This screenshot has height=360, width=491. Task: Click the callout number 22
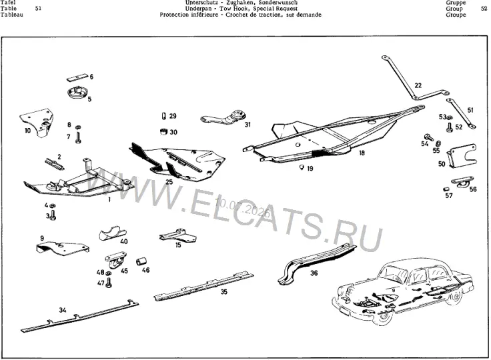click(x=418, y=85)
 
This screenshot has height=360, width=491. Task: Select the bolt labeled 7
click(x=78, y=138)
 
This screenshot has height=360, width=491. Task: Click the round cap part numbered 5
click(x=77, y=93)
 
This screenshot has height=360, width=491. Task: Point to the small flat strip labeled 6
click(x=77, y=77)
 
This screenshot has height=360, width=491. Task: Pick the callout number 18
click(x=362, y=153)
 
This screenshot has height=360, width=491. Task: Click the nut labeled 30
click(x=163, y=131)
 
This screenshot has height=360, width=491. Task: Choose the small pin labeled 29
click(x=163, y=116)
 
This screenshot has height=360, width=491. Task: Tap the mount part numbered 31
click(x=224, y=118)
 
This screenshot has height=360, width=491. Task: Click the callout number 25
click(x=169, y=182)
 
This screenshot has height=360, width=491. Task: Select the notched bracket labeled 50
click(x=462, y=155)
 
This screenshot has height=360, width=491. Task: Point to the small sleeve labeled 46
click(x=142, y=261)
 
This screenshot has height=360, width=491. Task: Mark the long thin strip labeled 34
click(x=80, y=316)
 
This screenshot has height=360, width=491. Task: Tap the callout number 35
click(x=224, y=292)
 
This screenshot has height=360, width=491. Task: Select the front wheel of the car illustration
click(x=384, y=317)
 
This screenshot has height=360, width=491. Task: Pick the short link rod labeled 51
click(x=461, y=113)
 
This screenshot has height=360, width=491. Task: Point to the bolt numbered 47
click(x=109, y=283)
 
